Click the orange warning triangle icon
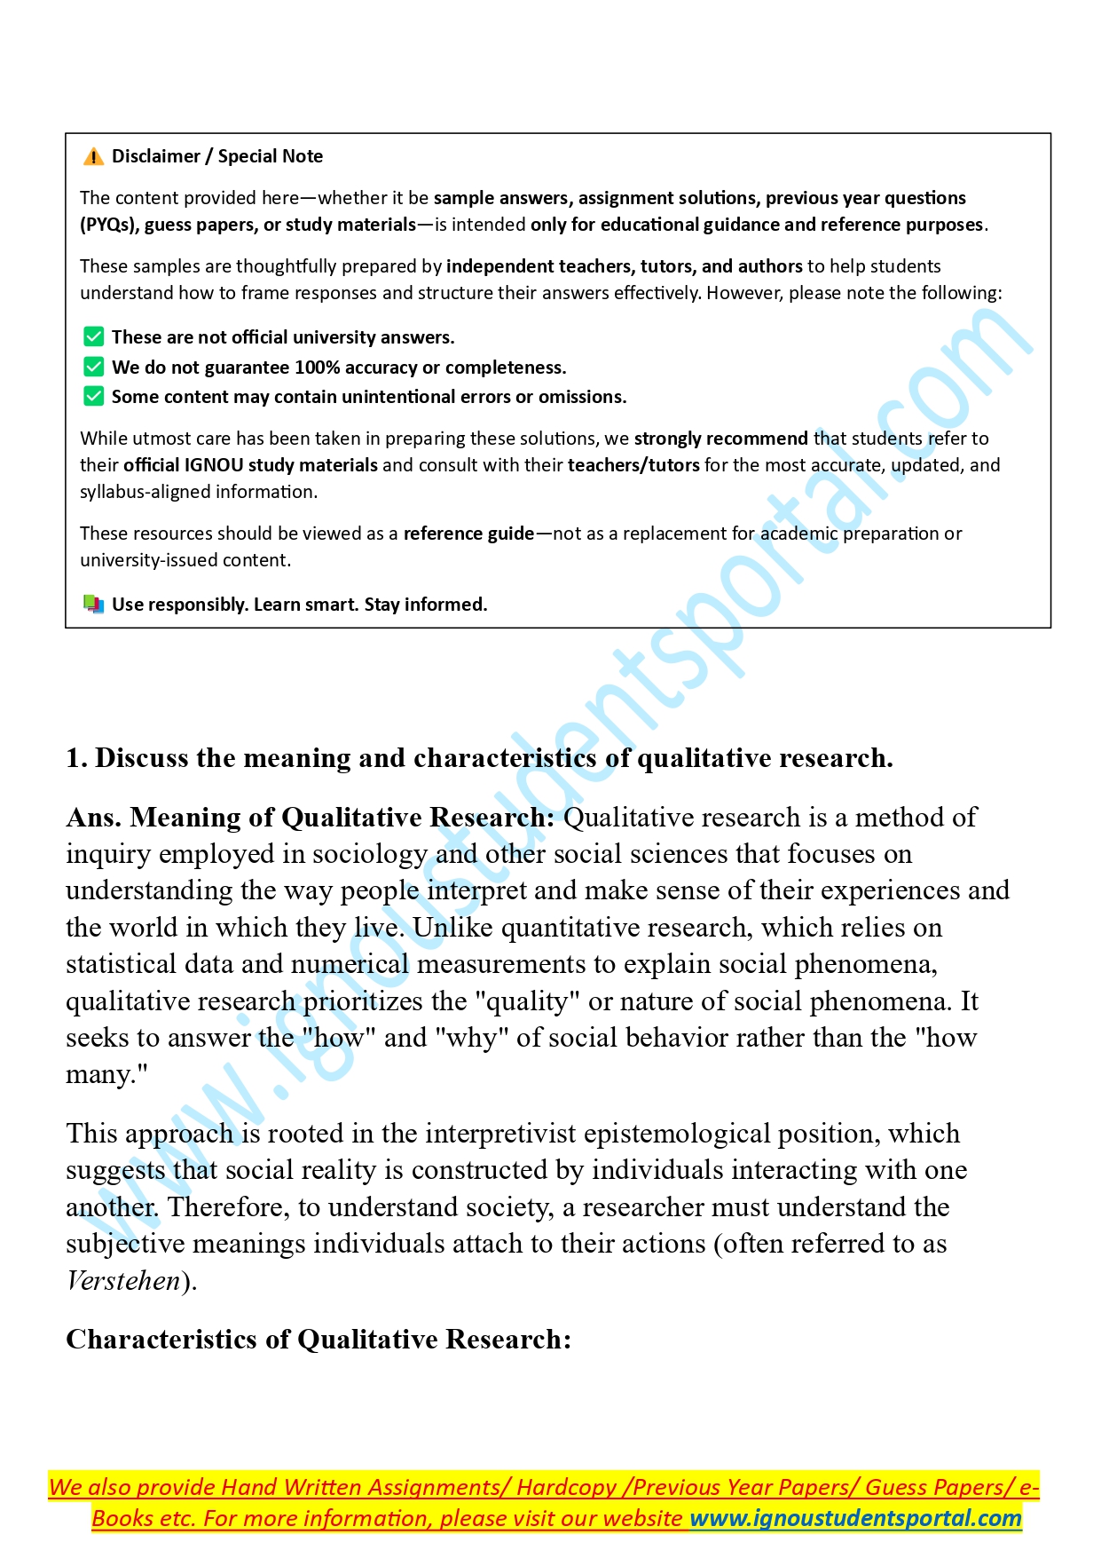point(93,157)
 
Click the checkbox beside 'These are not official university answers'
point(93,336)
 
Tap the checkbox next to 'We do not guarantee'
point(93,367)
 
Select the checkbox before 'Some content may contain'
point(93,396)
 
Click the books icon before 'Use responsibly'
point(93,605)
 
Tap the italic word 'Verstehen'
point(123,1281)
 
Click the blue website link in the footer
point(855,1518)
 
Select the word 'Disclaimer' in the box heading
point(156,156)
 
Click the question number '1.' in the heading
point(76,758)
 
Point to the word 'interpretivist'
point(500,1134)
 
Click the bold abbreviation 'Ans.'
point(94,818)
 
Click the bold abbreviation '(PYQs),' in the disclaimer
point(109,225)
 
